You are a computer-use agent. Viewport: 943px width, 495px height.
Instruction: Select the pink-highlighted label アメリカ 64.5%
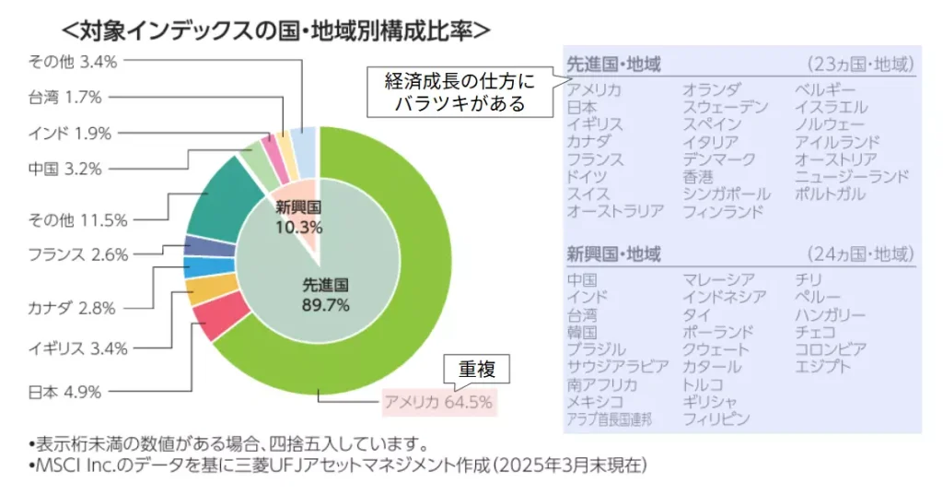(438, 402)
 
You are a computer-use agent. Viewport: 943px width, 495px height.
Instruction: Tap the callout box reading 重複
(477, 371)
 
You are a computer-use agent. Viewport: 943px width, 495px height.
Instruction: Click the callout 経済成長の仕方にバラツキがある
(460, 92)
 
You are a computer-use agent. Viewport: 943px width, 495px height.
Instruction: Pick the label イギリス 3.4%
(77, 348)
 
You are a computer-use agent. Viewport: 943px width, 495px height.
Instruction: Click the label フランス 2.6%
(77, 254)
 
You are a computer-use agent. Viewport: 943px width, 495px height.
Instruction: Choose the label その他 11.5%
(77, 219)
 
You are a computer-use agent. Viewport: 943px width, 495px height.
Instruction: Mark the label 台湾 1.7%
(64, 96)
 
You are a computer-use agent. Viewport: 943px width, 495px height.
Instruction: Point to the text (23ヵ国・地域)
(860, 65)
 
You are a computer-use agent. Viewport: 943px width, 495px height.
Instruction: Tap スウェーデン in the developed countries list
(725, 107)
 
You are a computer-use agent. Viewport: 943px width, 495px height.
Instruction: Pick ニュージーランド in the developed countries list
(852, 176)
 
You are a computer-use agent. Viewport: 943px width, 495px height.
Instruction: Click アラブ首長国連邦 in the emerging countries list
(609, 419)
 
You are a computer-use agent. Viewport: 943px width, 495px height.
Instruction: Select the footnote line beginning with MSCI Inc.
(336, 466)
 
